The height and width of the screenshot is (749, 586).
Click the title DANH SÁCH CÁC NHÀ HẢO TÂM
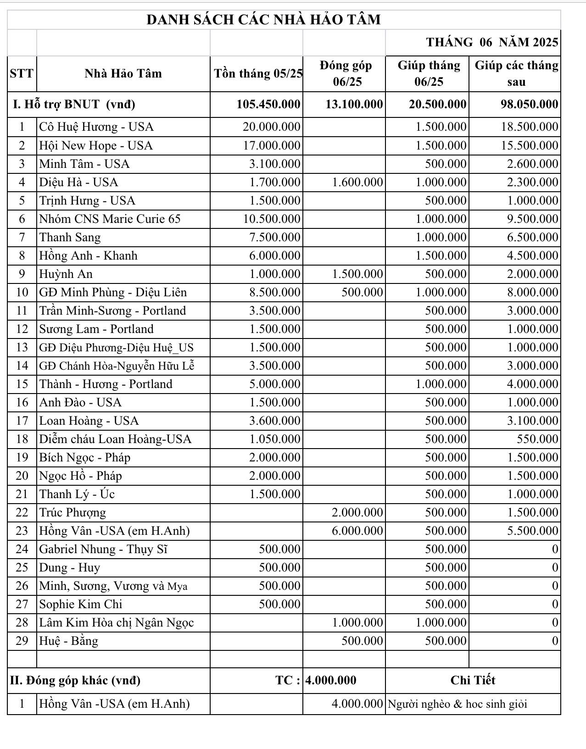point(263,20)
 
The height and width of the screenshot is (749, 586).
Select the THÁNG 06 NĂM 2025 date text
point(492,42)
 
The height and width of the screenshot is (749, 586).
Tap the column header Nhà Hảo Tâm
point(123,73)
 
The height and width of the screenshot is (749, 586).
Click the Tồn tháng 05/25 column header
point(258,73)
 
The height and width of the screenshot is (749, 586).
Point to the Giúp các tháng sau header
point(516,73)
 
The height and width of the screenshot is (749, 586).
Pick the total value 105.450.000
point(268,104)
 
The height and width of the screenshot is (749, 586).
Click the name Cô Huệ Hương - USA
point(96,127)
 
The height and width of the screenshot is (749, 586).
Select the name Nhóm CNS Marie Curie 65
point(110,219)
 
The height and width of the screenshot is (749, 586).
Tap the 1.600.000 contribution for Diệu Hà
point(357,182)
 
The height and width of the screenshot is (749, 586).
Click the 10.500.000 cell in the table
point(272,219)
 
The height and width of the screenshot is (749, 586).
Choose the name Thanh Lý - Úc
point(77,494)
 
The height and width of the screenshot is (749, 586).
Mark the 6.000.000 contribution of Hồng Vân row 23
point(357,531)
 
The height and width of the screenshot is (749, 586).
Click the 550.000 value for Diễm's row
point(537,439)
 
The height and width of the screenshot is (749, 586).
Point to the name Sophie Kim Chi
point(81,604)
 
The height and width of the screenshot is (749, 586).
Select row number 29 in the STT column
point(22,641)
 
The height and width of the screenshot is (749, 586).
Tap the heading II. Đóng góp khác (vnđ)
point(75,680)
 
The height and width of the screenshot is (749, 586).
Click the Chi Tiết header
point(473,680)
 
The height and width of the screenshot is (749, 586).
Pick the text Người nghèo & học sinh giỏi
point(457,704)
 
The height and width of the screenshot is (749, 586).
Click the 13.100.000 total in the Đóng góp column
point(354,104)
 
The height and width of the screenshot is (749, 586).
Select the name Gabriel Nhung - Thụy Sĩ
point(103,549)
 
